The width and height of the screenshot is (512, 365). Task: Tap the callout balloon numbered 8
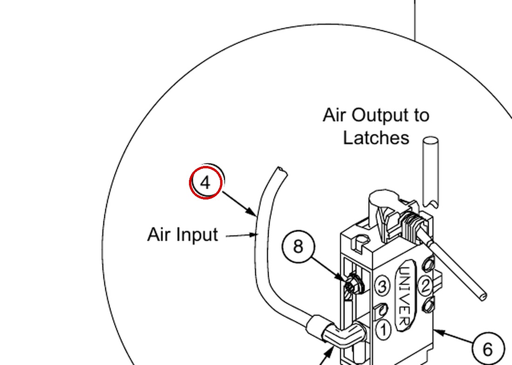coord(298,246)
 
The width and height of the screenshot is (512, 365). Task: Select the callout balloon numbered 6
coord(487,349)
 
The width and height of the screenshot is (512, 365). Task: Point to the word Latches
coord(376,138)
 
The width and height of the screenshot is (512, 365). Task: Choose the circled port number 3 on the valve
coord(382,286)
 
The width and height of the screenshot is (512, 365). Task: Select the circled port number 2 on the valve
coord(425,286)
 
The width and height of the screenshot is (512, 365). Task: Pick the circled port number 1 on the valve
coord(384,329)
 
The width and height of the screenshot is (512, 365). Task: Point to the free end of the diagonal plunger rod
coord(483,296)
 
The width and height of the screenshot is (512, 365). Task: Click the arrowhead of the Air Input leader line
coord(253,234)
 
